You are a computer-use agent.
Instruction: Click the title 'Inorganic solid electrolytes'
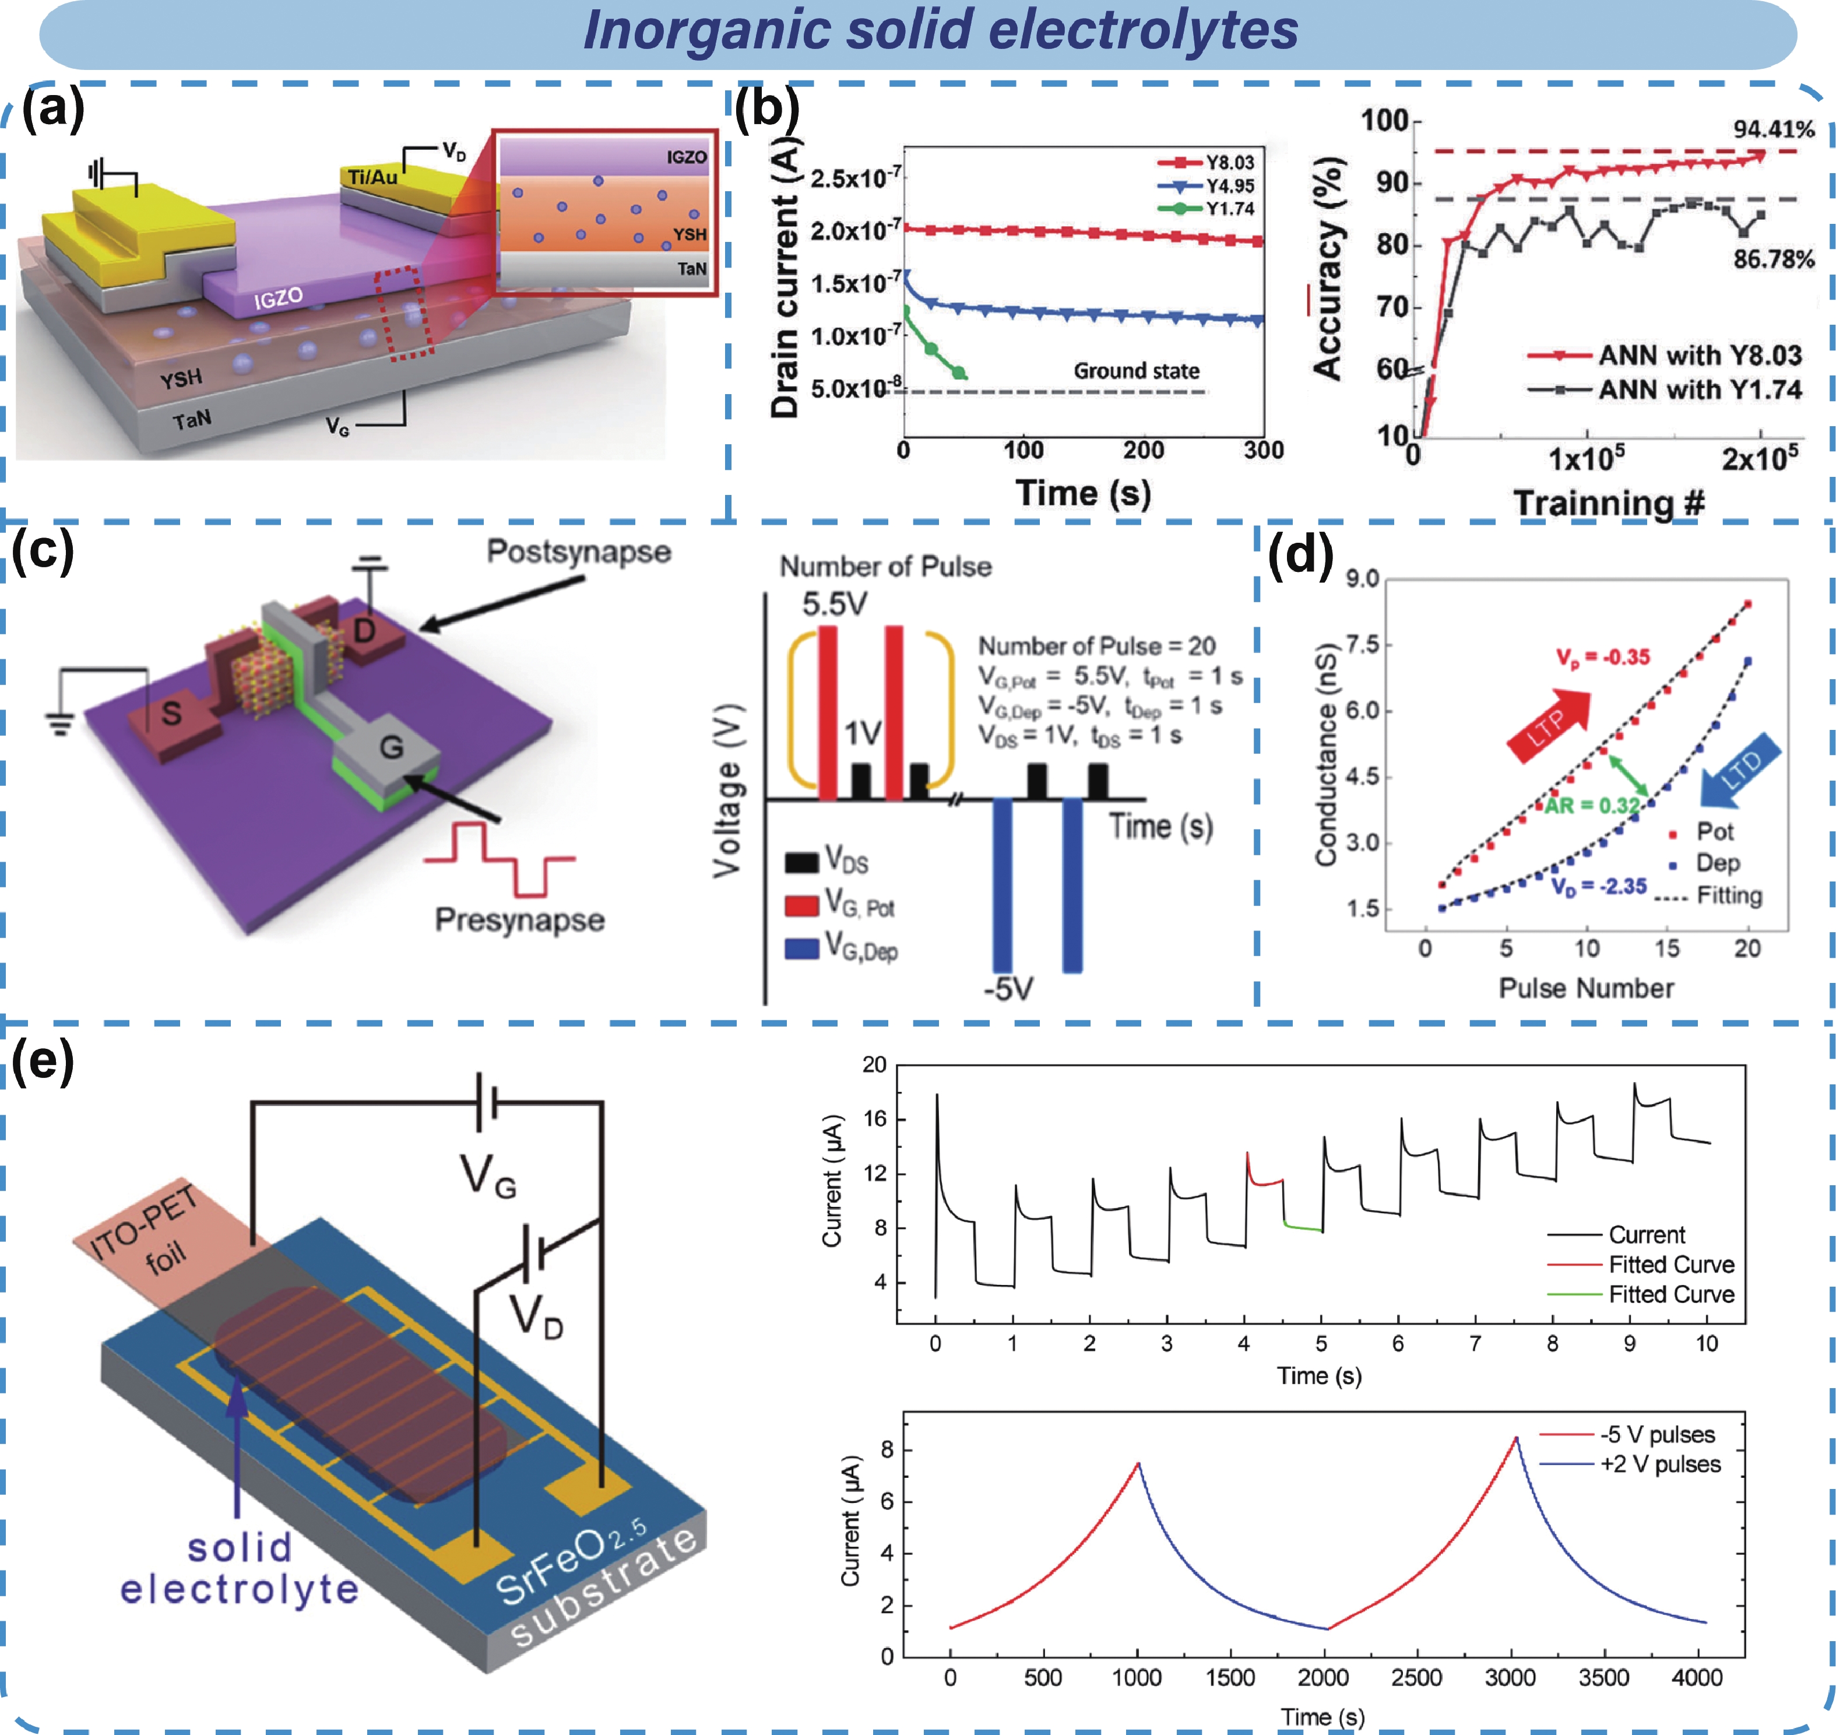tap(940, 30)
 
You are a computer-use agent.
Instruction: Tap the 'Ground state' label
tap(1136, 371)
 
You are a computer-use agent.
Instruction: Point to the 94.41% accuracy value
tap(1773, 129)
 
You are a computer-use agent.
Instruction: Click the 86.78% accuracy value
tap(1773, 259)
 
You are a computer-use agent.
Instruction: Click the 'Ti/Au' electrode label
tap(372, 175)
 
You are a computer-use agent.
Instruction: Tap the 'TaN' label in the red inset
tap(691, 269)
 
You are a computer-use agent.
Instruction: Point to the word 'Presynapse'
tap(519, 919)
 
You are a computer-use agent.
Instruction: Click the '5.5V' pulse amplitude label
tap(834, 604)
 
